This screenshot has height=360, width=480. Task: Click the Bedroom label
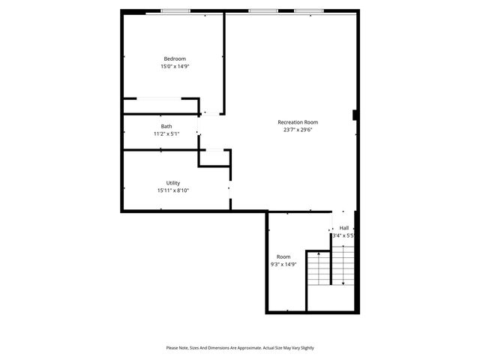point(175,58)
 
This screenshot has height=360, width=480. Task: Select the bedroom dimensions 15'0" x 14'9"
point(175,67)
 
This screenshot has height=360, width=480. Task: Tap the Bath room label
point(166,126)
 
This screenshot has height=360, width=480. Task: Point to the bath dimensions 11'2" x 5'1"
point(166,133)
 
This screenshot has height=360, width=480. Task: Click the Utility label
point(173,183)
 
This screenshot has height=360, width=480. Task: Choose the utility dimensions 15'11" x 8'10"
point(173,190)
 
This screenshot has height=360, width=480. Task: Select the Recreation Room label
point(298,121)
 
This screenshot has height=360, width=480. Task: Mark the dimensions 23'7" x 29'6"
point(298,129)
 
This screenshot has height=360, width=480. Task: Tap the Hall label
point(344,228)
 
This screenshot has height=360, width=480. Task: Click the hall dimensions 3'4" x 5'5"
point(343,235)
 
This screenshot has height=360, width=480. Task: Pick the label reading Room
point(283,256)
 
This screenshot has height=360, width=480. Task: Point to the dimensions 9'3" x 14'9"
point(283,264)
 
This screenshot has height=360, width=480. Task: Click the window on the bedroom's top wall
point(175,11)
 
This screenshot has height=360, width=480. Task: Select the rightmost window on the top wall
point(308,11)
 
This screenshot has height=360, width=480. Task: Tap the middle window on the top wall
point(262,11)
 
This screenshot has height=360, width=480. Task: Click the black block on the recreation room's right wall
point(354,115)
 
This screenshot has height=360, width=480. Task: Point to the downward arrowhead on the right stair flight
point(343,283)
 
